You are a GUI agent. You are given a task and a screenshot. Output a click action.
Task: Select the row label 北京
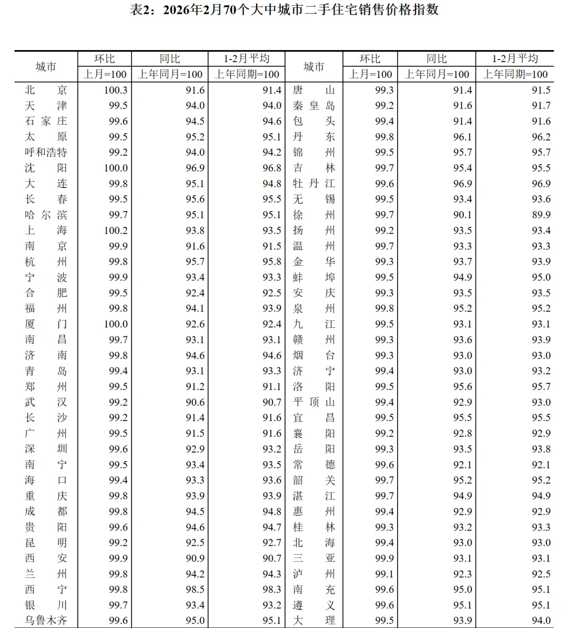coord(46,90)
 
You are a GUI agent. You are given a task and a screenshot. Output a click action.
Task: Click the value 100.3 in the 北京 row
coord(116,90)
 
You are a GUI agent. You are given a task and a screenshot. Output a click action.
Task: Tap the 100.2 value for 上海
coord(116,231)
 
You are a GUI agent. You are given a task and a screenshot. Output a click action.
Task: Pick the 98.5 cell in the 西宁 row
coord(195,590)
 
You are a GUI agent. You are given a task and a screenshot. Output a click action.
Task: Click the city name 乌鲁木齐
coord(46,621)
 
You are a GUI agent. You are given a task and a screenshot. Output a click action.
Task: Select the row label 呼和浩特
coord(46,153)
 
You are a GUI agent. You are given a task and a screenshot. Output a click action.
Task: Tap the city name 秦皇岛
coord(313,106)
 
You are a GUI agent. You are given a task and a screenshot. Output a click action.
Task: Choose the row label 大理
coord(313,621)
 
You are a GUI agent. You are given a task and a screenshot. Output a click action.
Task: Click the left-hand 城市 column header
coord(46,67)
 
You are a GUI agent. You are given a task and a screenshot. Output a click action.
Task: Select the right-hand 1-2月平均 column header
coord(515,58)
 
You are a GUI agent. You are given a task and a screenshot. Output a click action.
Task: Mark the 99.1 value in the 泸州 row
coord(384,574)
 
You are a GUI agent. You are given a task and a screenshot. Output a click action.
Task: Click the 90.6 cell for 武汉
coord(195,402)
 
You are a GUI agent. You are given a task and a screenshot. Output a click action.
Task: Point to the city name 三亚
coord(313,558)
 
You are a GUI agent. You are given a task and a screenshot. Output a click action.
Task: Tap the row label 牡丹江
coord(313,184)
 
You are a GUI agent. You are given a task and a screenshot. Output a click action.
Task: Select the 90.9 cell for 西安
coord(195,558)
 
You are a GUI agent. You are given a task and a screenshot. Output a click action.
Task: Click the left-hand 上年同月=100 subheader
coord(170,74)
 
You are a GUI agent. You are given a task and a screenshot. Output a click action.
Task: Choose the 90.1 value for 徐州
coord(462,215)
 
